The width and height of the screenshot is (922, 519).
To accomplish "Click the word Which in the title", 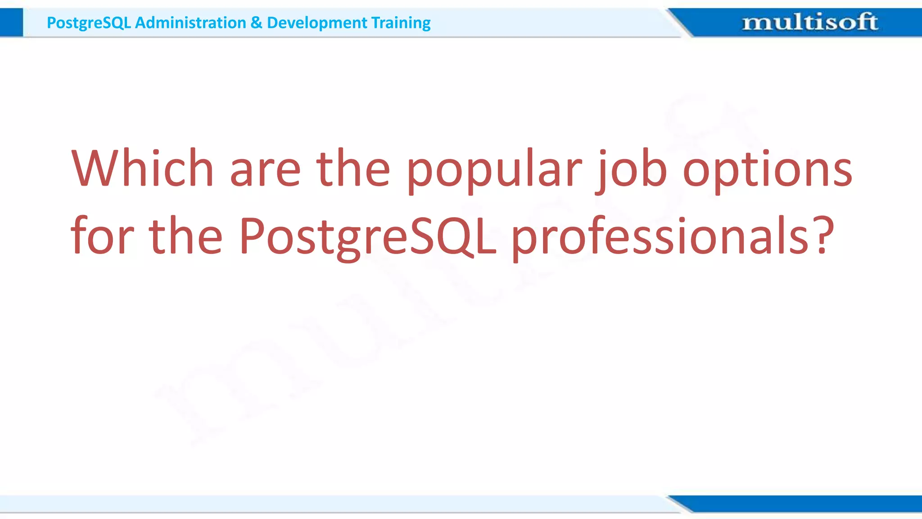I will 142,168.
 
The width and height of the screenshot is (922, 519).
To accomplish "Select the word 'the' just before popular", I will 353,168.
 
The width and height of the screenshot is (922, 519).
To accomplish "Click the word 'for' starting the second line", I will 102,236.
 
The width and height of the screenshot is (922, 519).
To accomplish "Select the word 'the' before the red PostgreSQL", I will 185,236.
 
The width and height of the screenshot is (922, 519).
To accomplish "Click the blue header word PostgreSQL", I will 89,23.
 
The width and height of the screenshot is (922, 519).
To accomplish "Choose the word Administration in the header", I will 190,23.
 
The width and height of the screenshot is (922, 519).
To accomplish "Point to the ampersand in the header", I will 256,23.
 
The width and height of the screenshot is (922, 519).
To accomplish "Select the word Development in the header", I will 317,23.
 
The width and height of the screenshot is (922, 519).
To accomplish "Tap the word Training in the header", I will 401,23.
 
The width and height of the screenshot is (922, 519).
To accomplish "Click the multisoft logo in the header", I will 809,22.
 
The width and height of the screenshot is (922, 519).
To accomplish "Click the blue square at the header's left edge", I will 11,23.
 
